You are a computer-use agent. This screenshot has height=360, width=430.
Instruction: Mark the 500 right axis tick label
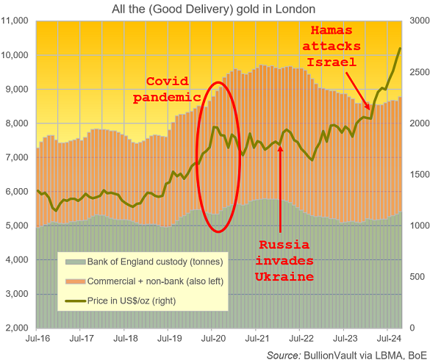coord(415,277)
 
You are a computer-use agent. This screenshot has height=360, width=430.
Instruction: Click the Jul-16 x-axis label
coord(37,339)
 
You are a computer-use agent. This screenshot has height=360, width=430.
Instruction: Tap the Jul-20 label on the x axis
coord(212,339)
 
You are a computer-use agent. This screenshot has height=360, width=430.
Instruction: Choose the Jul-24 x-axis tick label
coord(388,339)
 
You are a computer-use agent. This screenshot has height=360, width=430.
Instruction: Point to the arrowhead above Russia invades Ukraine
coord(281,136)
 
